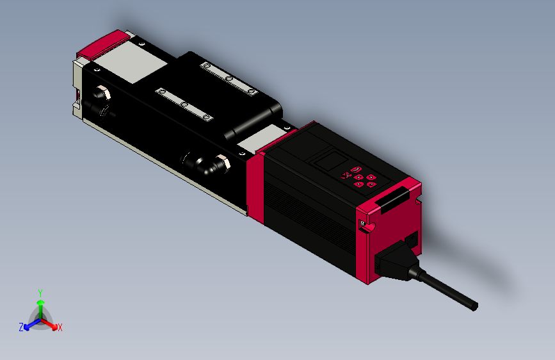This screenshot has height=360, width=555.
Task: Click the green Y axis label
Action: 40,291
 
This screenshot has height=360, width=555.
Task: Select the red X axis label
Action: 60,327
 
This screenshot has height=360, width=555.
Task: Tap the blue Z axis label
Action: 21,327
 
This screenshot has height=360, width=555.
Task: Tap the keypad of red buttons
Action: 358,177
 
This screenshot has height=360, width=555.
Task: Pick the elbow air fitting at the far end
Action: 99,100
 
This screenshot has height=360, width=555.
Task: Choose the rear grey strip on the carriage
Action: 228,78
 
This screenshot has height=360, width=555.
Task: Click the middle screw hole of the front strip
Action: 183,104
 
